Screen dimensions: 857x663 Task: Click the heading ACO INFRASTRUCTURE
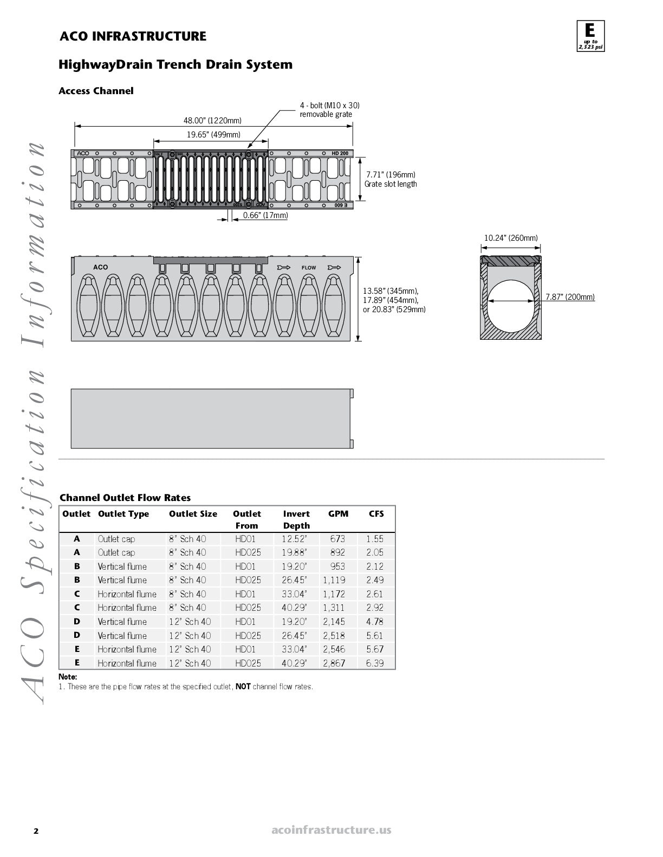click(x=133, y=36)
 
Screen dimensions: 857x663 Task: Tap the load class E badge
click(x=590, y=36)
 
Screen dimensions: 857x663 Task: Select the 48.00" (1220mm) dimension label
click(x=212, y=120)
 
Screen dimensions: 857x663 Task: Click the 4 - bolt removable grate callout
click(x=329, y=109)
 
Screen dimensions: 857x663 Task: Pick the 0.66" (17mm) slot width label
click(x=265, y=215)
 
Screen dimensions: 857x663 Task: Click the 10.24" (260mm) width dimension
click(x=511, y=238)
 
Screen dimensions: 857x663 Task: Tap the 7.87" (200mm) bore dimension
click(x=570, y=297)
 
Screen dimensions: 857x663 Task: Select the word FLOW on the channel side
click(x=309, y=268)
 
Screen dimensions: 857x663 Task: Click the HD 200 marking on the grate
click(x=340, y=154)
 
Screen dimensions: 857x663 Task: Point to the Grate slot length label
click(x=391, y=184)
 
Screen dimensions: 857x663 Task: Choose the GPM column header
click(x=338, y=514)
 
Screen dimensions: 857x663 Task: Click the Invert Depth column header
click(x=296, y=519)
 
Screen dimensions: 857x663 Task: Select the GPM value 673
click(x=337, y=539)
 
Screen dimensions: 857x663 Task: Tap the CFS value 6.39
click(x=375, y=663)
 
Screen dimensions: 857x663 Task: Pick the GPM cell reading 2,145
click(x=334, y=622)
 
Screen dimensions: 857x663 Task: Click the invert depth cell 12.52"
click(x=294, y=539)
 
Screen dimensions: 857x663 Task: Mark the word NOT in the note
click(x=243, y=687)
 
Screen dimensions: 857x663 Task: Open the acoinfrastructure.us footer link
click(x=331, y=830)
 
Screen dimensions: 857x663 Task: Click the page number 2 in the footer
click(x=36, y=831)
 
